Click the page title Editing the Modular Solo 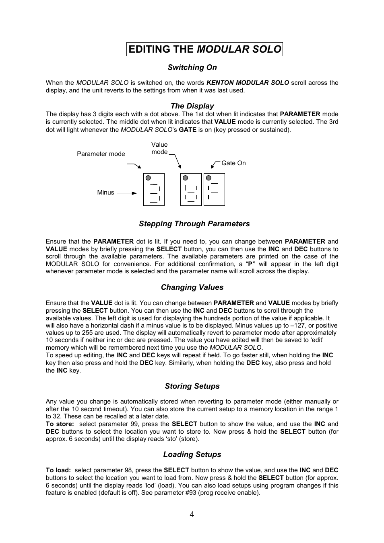[x=204, y=49]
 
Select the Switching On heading [x=192, y=68]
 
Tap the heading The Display [x=192, y=106]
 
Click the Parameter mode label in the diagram [x=101, y=154]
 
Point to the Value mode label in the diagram [x=159, y=148]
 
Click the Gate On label [x=233, y=163]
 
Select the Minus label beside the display [x=105, y=193]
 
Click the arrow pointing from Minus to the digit [x=127, y=193]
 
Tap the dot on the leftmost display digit [x=148, y=178]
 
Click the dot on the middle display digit [x=185, y=178]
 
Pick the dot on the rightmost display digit [x=209, y=178]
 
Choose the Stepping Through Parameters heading [x=194, y=224]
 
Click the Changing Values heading [x=192, y=287]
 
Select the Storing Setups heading [x=192, y=386]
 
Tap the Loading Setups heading [x=192, y=455]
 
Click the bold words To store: [x=60, y=424]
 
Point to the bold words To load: [x=58, y=470]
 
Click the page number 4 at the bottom [x=192, y=514]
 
